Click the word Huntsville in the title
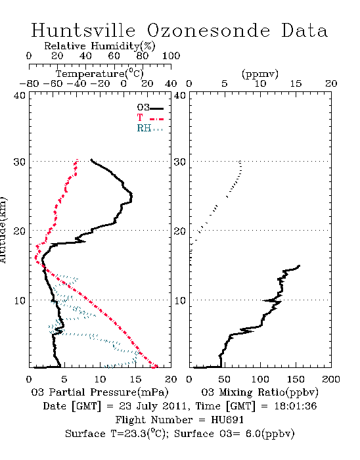coord(83,30)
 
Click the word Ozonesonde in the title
coord(208,30)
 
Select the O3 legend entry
coord(150,108)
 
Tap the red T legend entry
coord(150,118)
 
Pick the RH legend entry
coord(150,128)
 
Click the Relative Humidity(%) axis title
coord(100,46)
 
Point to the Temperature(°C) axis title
coord(100,74)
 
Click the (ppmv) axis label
coord(260,74)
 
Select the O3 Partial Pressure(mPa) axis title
coord(100,392)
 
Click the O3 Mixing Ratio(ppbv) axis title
coord(259,392)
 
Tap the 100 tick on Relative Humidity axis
coord(171,56)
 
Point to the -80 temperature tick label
coord(29,83)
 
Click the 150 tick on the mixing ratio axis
coord(296,379)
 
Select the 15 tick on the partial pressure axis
coord(135,379)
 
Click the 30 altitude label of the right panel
coord(180,162)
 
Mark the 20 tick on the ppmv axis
coord(331,83)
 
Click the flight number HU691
coord(227,420)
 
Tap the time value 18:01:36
coord(296,406)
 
